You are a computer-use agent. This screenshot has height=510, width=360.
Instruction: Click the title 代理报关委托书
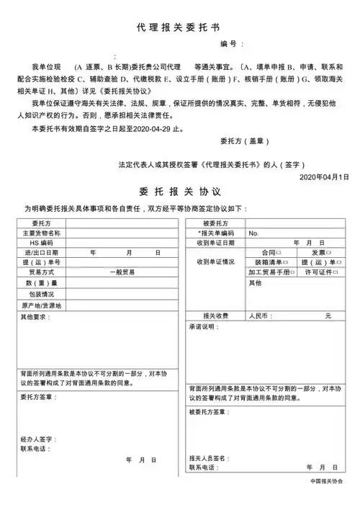point(179,27)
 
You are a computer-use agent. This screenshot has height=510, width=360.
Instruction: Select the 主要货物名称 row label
point(41,233)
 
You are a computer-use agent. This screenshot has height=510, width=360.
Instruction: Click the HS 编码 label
point(41,243)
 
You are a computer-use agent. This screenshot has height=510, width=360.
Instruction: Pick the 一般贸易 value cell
point(123,274)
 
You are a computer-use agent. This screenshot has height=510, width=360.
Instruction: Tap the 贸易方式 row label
point(41,274)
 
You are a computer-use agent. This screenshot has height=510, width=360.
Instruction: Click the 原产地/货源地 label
point(41,305)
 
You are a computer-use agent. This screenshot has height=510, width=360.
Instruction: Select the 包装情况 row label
point(41,295)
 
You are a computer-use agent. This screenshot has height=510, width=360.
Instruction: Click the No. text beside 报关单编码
point(253,233)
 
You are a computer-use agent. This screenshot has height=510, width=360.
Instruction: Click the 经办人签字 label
point(37,438)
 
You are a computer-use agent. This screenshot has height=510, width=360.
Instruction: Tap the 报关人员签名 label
point(208,458)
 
